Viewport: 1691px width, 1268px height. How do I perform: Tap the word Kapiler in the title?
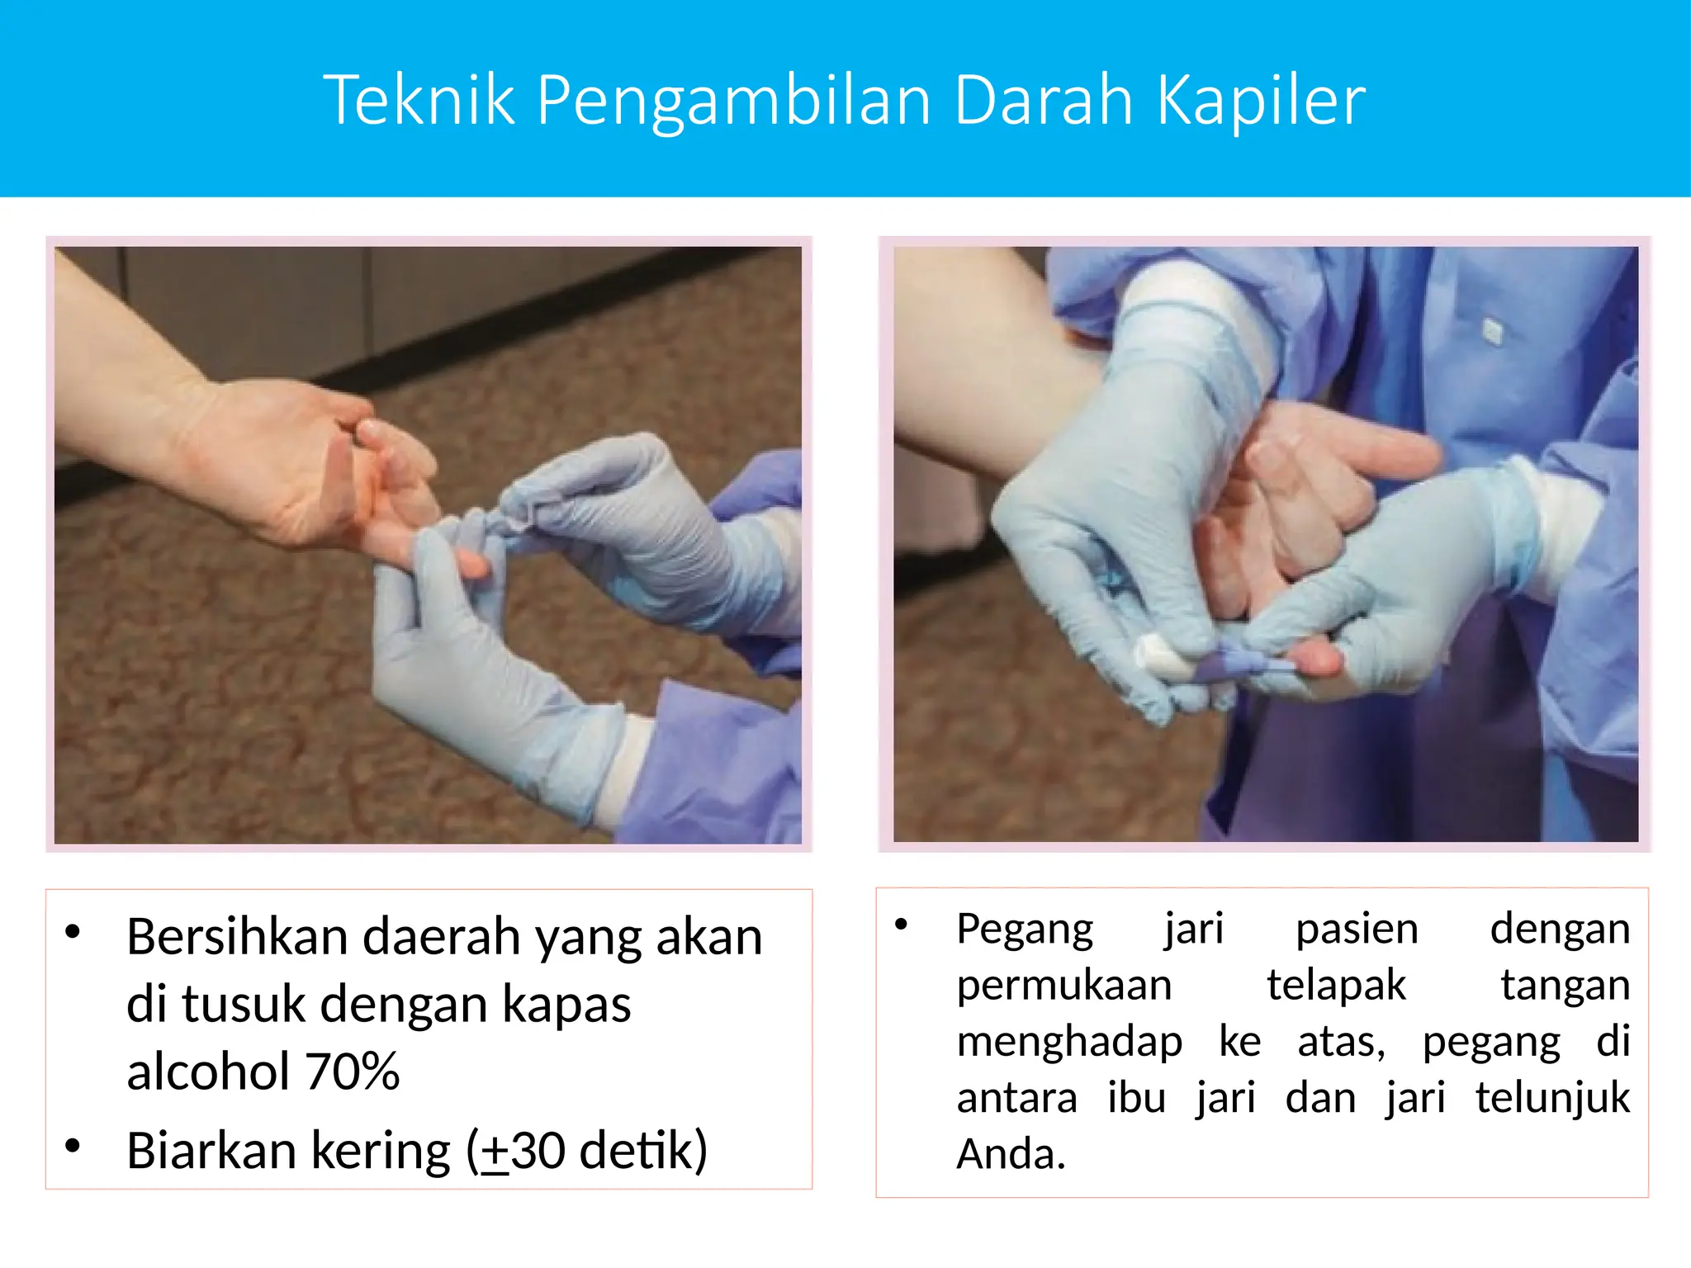pos(1261,102)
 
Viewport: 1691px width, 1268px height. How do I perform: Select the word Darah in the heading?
pos(1044,100)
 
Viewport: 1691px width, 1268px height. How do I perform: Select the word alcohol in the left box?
pos(208,1072)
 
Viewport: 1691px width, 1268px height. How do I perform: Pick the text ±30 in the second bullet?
pos(523,1151)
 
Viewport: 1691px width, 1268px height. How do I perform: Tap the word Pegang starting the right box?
pos(1025,930)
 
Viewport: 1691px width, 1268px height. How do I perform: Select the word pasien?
pos(1357,929)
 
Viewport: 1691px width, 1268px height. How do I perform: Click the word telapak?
pos(1336,985)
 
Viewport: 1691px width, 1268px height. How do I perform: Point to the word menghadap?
pos(1069,1041)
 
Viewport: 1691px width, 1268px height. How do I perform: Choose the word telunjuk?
pos(1552,1099)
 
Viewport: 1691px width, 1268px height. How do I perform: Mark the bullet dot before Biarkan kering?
pos(73,1145)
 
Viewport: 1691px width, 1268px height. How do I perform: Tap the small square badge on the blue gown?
pos(1492,332)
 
